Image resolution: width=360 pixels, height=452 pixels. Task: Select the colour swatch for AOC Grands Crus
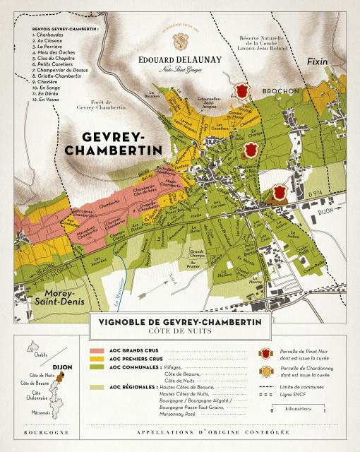pos(98,350)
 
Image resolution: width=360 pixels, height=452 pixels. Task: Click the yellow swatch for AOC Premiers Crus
pos(98,359)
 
